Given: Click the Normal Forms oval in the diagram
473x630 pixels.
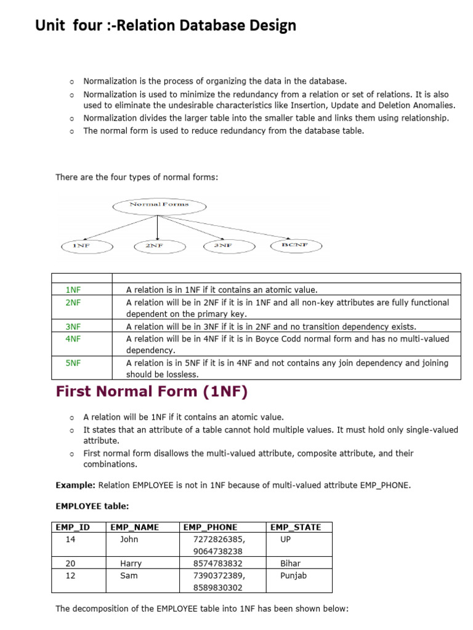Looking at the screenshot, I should point(159,204).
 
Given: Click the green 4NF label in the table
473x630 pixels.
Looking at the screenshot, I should point(73,339).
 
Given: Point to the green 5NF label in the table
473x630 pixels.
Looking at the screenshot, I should point(73,363).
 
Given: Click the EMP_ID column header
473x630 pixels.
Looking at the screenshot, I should point(73,527).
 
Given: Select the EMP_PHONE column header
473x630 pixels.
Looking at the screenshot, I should point(210,527).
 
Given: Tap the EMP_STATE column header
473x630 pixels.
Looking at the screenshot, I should point(295,527).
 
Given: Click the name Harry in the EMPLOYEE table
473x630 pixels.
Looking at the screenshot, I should point(131,564).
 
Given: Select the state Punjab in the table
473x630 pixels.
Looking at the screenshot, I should point(293,576).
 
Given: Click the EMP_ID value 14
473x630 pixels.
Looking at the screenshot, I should point(70,540).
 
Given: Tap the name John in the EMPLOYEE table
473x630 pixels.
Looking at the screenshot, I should point(129,540).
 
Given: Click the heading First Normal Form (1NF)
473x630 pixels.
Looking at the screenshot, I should point(152,391).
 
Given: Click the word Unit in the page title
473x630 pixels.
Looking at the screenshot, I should point(51,25).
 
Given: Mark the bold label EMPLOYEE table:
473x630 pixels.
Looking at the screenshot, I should point(92,506).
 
